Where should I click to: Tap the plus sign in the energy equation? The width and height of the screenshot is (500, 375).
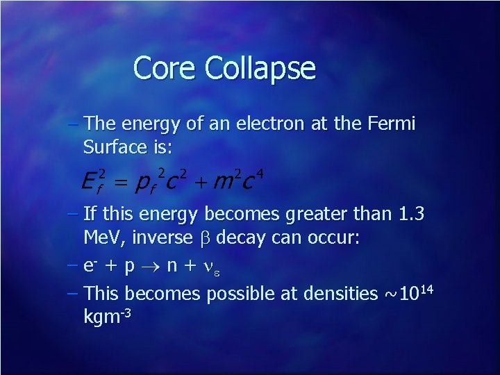tap(201, 184)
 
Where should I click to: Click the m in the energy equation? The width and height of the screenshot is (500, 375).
tap(223, 182)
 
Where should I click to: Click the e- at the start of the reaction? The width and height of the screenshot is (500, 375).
tap(90, 265)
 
